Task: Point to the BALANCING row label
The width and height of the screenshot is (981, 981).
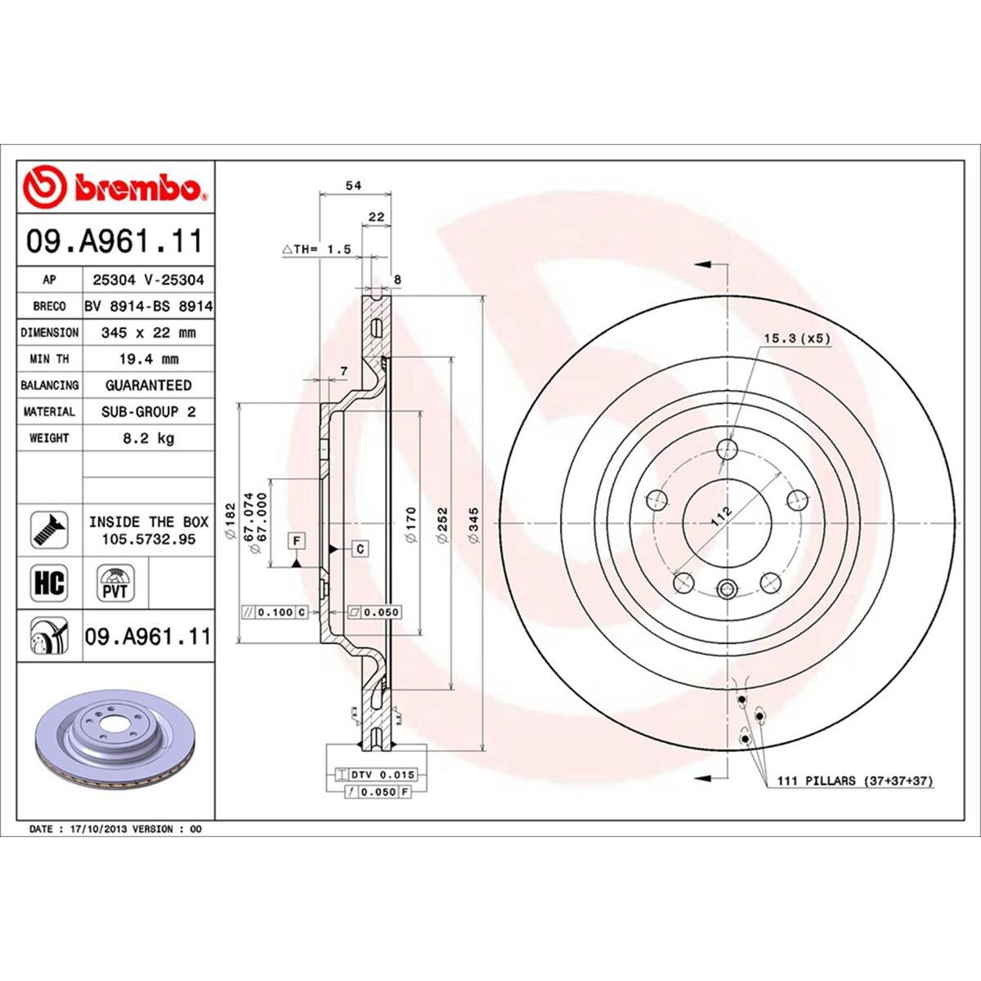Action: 49,385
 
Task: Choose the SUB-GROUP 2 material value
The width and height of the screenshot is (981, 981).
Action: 148,412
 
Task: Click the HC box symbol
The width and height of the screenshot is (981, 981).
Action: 48,583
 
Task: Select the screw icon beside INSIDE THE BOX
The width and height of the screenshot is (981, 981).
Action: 49,531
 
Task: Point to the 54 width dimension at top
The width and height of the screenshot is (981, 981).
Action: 353,186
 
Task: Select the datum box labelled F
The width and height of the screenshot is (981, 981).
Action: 296,540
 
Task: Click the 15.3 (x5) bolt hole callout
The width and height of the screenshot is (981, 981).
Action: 796,338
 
